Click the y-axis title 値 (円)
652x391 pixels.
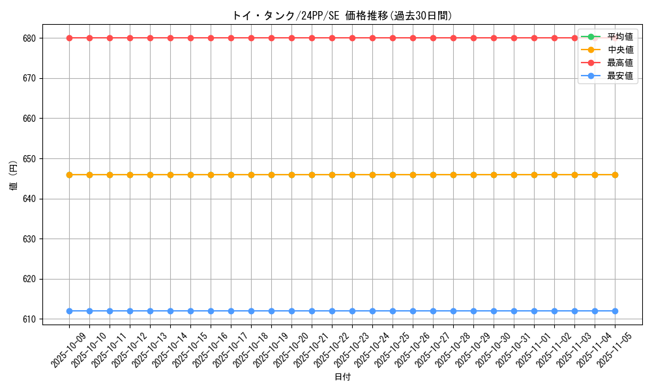[14, 176]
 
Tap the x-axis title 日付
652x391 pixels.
[342, 377]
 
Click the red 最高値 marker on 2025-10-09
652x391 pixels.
[69, 38]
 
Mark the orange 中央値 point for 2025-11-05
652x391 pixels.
[615, 175]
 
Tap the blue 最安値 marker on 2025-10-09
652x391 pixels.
[69, 311]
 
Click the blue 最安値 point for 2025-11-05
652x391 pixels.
[615, 311]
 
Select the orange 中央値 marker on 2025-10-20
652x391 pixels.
[291, 175]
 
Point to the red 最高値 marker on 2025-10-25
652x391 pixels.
[393, 38]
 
